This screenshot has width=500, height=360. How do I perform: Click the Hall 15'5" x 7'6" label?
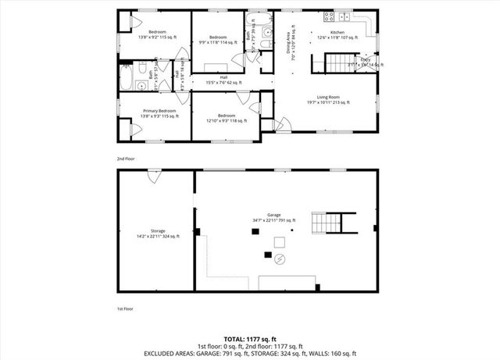click(223, 80)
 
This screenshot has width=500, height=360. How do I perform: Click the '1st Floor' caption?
click(126, 308)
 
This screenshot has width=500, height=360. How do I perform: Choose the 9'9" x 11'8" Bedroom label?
click(218, 39)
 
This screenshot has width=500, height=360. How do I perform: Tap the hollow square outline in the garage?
click(279, 242)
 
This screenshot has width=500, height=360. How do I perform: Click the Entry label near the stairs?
click(365, 62)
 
